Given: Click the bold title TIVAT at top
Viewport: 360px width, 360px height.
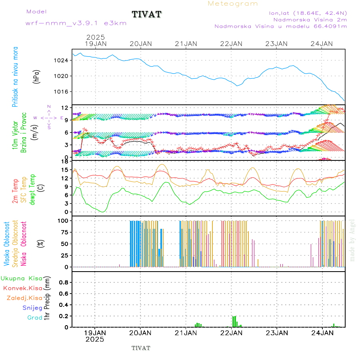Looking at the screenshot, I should point(146,15).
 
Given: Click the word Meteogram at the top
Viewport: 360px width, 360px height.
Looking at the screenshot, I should point(233,4).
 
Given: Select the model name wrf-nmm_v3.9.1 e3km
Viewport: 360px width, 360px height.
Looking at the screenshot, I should point(76,23).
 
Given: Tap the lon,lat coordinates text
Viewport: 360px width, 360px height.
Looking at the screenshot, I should point(308,13).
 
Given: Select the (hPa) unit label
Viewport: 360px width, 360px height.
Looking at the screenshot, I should point(36,76).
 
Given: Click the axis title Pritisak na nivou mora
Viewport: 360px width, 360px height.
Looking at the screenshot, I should point(15,77).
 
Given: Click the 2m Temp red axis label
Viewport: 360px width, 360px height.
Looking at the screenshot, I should point(15,191).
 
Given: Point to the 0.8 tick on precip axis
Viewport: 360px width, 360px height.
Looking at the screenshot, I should point(63,282).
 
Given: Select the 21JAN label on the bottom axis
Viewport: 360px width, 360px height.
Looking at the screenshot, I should point(186,333).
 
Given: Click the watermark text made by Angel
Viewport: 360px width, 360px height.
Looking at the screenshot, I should point(352,240).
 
